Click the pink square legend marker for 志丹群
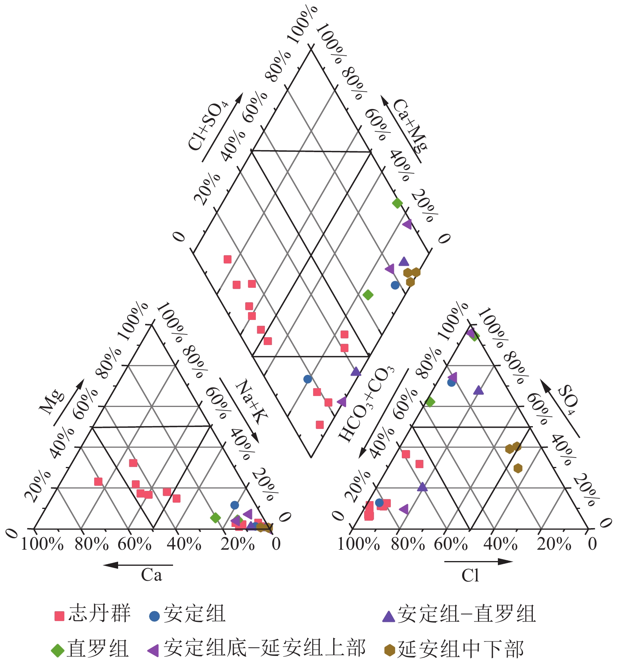coord(59,616)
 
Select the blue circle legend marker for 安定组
coord(155,616)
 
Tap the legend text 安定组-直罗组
coord(467,614)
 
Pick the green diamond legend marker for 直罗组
coord(58,650)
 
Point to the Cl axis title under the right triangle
coord(470,576)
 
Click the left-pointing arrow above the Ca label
coord(137,565)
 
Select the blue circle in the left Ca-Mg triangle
coord(235,505)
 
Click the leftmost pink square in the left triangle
coord(98,481)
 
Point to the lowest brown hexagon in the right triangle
coord(518,468)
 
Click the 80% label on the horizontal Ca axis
coord(91,544)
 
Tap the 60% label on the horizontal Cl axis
coord(450,544)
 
